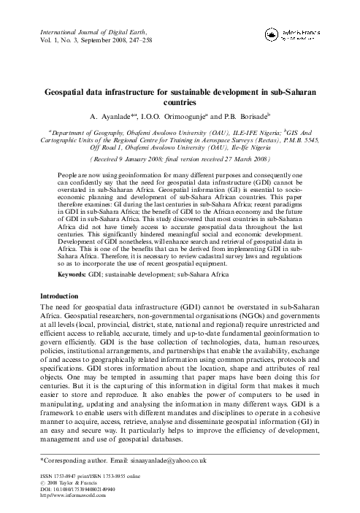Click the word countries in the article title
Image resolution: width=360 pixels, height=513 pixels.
(x=180, y=104)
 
